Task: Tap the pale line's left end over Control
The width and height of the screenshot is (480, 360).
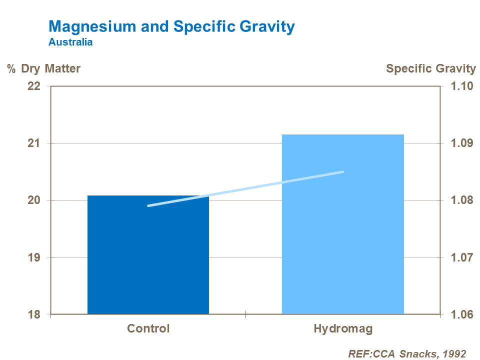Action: click(x=149, y=205)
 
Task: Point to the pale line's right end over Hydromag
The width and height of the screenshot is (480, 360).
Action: click(x=342, y=172)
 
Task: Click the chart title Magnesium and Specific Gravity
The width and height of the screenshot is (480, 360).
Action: click(x=171, y=26)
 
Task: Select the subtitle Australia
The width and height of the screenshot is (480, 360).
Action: click(x=70, y=42)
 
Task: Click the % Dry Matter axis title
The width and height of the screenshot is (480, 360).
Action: click(x=43, y=68)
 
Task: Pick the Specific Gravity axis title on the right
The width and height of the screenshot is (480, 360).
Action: click(x=431, y=68)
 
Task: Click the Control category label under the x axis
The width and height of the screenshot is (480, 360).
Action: click(x=148, y=329)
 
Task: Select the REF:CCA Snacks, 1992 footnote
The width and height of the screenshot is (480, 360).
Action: click(x=407, y=353)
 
